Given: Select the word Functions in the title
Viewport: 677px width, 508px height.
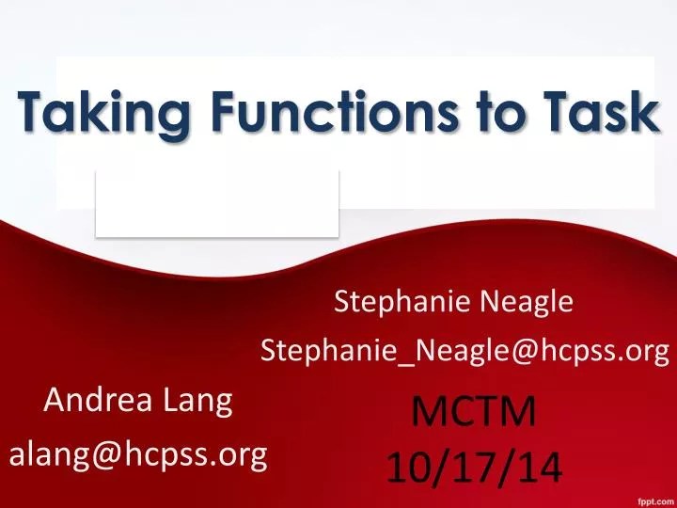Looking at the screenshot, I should (x=304, y=113).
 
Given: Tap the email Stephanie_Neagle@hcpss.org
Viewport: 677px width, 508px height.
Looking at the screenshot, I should (x=464, y=351).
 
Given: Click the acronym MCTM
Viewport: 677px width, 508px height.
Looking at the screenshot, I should (x=475, y=411).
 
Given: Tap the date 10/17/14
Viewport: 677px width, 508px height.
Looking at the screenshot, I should (x=475, y=465).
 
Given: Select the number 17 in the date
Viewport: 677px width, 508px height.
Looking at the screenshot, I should (x=475, y=465).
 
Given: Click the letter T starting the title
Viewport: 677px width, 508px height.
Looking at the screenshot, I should (x=33, y=113).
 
